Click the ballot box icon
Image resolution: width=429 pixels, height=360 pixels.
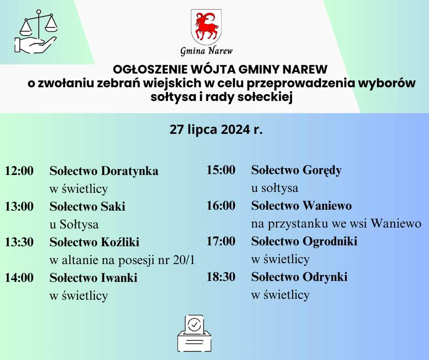click(194, 334)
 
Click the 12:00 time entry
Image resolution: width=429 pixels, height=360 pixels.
click(19, 171)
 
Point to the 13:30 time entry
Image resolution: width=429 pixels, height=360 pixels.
click(19, 242)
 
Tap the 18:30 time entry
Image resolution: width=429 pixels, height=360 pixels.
click(221, 277)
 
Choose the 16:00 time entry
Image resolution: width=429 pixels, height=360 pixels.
click(221, 206)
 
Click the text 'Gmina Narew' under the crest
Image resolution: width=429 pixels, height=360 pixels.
click(206, 51)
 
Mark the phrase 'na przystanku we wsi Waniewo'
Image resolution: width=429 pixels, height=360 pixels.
click(336, 224)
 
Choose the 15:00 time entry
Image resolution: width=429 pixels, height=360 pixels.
click(221, 170)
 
